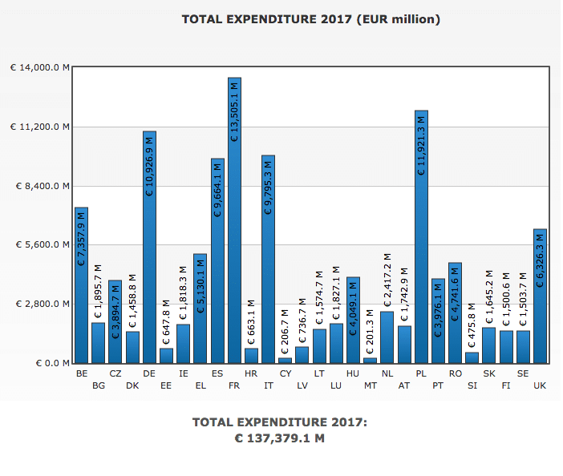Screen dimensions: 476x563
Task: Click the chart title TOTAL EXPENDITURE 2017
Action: point(310,18)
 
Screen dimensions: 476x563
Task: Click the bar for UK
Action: point(540,296)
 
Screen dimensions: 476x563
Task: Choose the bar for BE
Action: point(81,284)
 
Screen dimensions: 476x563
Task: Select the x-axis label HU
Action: point(353,373)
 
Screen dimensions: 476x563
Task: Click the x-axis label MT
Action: point(370,385)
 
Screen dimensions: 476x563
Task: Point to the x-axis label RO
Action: point(455,373)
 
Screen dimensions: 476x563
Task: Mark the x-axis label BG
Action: point(99,385)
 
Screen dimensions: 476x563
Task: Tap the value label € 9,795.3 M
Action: point(268,184)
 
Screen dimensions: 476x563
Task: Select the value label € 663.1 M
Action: point(251,321)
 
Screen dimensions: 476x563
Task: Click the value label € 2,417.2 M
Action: point(387,281)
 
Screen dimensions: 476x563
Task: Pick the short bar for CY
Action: point(285,360)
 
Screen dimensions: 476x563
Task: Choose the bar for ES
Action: point(217,260)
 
